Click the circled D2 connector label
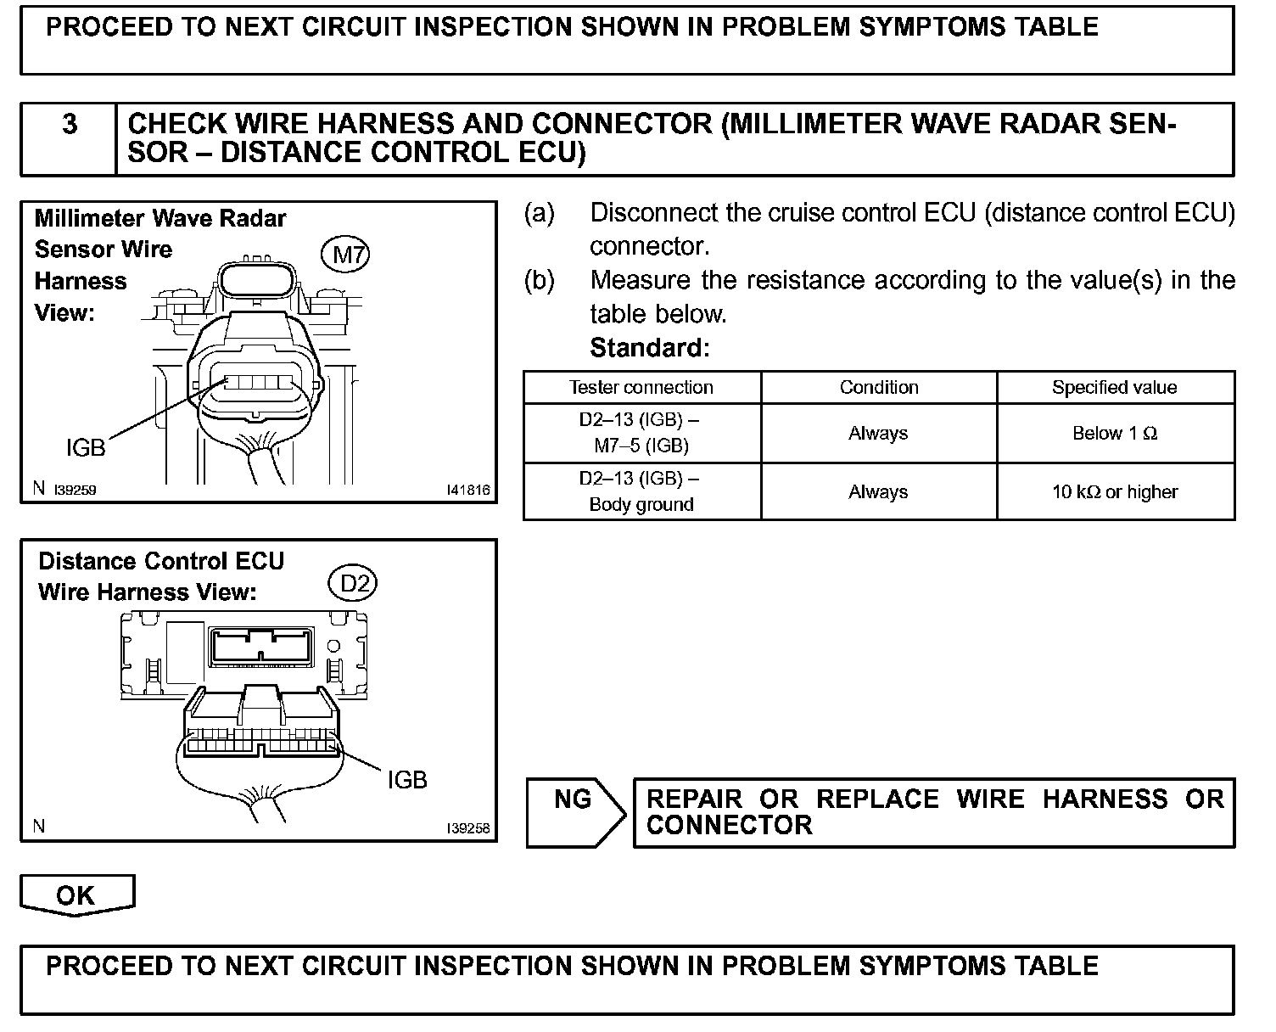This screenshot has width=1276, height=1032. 353,583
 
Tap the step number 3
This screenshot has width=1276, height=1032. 70,126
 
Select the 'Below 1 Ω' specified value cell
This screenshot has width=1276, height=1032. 1115,434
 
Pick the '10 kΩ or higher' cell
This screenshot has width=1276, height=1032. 1115,492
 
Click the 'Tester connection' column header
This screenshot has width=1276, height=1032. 641,388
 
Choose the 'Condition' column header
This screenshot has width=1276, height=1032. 879,388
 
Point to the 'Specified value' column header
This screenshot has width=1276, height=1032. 1115,388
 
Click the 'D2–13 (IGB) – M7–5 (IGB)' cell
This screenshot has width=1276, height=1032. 641,433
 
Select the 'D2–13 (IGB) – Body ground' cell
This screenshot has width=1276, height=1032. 641,491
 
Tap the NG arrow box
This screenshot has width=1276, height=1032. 574,812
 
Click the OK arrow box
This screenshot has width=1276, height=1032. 76,895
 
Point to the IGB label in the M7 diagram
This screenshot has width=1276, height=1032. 86,447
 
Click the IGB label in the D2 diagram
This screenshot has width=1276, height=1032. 407,779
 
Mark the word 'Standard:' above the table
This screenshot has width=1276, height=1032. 649,348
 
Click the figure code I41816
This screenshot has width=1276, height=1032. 468,490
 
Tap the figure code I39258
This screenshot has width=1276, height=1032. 468,828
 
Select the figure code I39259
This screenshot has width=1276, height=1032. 76,490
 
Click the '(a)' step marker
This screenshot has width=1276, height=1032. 540,213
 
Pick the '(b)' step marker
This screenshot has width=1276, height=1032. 540,281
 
